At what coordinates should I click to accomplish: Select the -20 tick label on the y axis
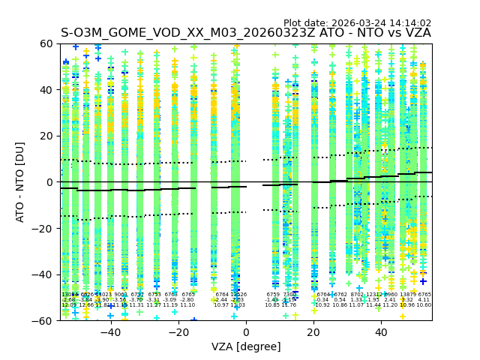pyautogui.click(x=44, y=228)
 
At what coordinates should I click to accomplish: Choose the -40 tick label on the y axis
pyautogui.click(x=44, y=274)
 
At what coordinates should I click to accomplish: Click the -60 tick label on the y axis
pyautogui.click(x=44, y=320)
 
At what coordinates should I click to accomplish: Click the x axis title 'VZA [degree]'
pyautogui.click(x=246, y=346)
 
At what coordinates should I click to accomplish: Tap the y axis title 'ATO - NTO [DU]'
pyautogui.click(x=20, y=182)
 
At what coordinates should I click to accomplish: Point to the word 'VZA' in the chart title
pyautogui.click(x=416, y=34)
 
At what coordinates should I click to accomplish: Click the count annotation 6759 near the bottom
pyautogui.click(x=273, y=295)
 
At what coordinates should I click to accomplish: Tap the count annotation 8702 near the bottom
pyautogui.click(x=357, y=295)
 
